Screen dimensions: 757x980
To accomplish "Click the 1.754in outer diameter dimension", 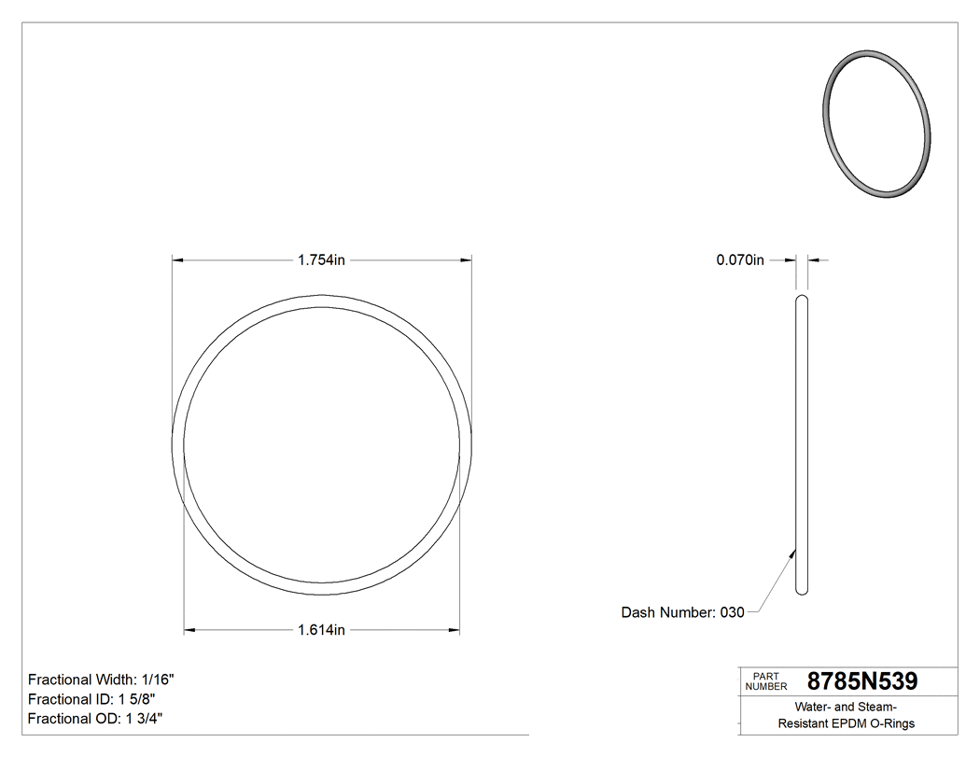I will tap(322, 260).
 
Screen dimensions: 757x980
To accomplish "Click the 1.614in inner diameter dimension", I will tap(322, 630).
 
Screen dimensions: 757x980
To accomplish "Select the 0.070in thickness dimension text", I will tap(740, 260).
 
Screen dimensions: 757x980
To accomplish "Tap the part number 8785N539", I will tap(861, 681).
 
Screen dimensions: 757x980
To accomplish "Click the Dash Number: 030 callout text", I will tap(683, 612).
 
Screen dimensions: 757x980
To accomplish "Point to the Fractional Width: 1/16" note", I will tap(101, 680).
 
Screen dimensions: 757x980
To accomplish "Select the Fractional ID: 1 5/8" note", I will tap(91, 699).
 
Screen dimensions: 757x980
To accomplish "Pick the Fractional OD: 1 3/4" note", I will tap(96, 719).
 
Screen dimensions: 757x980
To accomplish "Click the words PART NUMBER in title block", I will tap(767, 681).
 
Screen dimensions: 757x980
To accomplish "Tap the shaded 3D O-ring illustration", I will tap(878, 125).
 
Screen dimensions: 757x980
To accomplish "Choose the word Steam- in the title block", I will tap(878, 707).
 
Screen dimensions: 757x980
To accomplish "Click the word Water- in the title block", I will tap(814, 707).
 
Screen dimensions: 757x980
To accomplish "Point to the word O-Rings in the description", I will tap(892, 723).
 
